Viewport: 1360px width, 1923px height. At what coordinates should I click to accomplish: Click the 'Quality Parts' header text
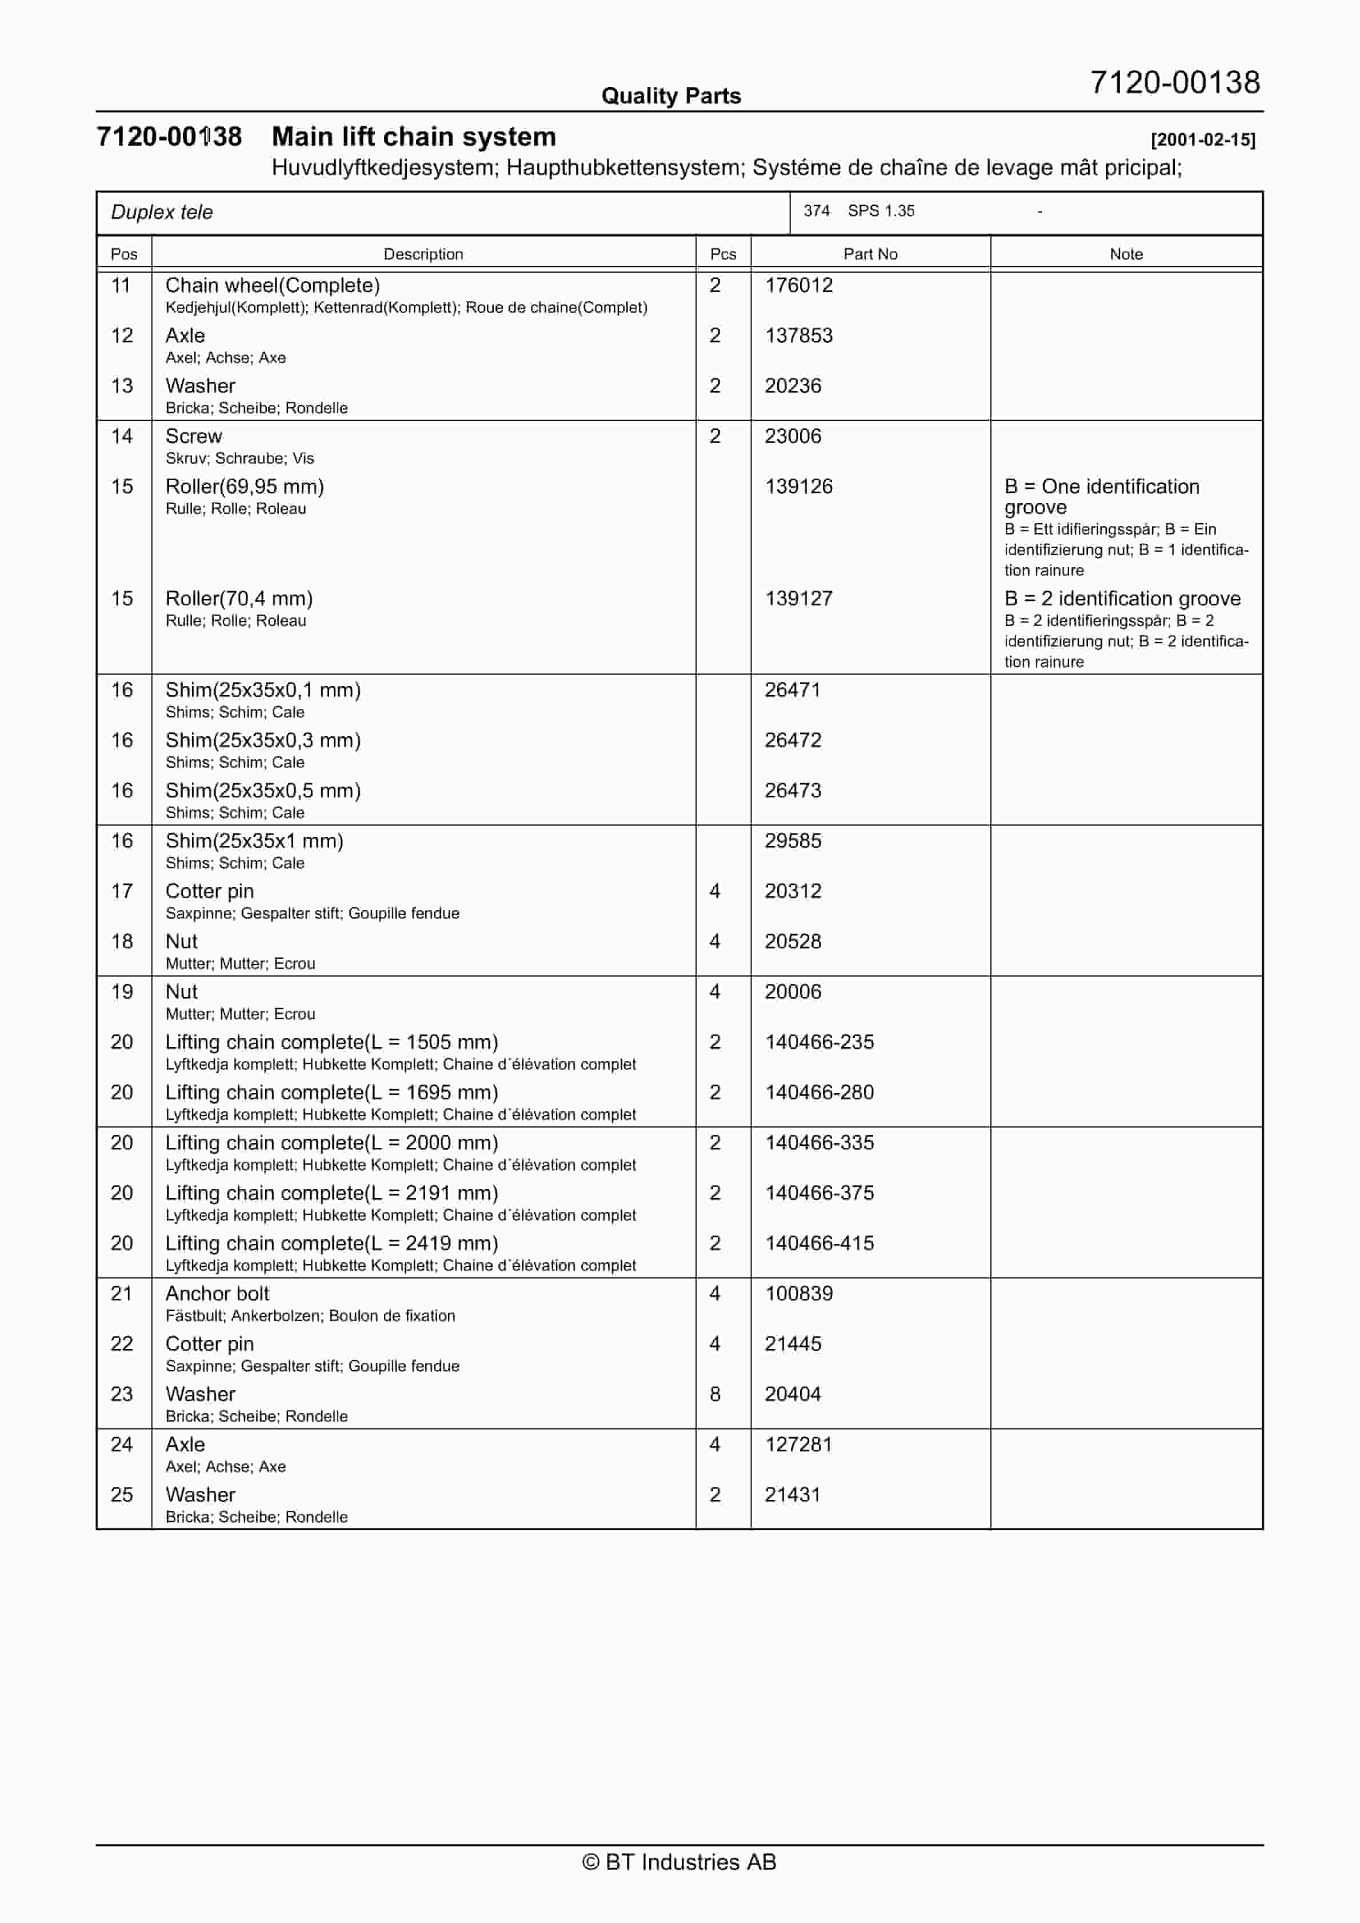tap(671, 96)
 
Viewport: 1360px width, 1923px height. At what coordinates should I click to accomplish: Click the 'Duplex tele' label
tap(162, 213)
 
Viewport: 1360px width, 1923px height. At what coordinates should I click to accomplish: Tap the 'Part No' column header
tap(870, 254)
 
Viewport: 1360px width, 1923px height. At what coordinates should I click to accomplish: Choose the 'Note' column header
tap(1126, 254)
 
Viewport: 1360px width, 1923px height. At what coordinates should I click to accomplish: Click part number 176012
tap(798, 286)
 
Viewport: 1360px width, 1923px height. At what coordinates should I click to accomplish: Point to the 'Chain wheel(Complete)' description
tap(272, 286)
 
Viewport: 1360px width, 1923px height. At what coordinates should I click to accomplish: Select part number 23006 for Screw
tap(792, 436)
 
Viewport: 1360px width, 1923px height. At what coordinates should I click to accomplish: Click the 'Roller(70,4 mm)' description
tap(239, 599)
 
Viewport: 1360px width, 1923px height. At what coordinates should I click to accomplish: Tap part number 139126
tap(798, 486)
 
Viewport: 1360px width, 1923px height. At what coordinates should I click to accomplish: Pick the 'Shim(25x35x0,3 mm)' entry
tap(263, 740)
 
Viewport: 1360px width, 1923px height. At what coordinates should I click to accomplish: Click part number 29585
tap(792, 841)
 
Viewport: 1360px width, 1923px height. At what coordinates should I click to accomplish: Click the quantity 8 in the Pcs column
tap(714, 1394)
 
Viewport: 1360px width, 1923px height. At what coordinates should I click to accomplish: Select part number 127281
tap(798, 1444)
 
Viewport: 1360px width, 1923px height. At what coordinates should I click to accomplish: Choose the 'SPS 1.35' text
tap(881, 211)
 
